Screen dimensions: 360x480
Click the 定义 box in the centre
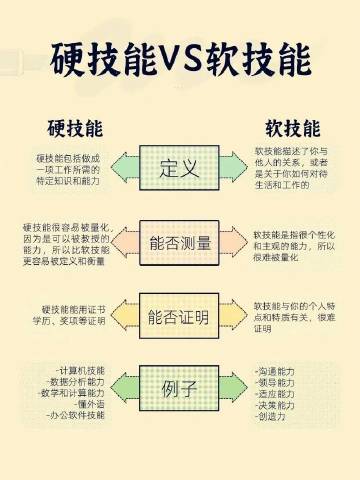[180, 167]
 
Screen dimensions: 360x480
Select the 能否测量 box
[180, 242]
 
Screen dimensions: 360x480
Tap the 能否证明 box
[180, 317]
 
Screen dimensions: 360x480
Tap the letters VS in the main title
[180, 62]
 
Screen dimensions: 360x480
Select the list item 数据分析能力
[79, 382]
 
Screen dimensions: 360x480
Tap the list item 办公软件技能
[77, 418]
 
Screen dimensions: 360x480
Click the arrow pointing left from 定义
[125, 167]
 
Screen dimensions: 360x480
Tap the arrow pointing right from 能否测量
[235, 242]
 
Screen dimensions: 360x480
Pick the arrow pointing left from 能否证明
[125, 317]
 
